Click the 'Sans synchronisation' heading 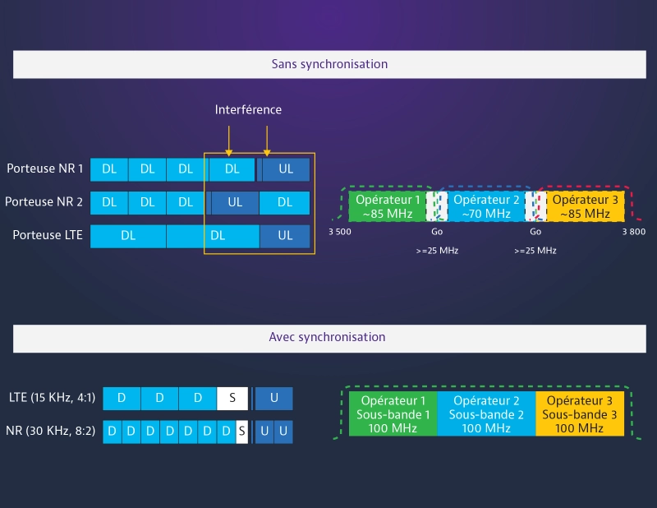(x=329, y=64)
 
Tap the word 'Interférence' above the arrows (x=248, y=109)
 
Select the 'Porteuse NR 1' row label (x=45, y=169)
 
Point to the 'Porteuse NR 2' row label (x=45, y=201)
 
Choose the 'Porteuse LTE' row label (x=48, y=235)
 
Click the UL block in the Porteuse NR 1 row (x=286, y=169)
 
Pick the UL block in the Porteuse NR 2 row (x=235, y=202)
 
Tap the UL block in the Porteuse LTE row (x=285, y=236)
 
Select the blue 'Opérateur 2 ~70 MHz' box (x=486, y=206)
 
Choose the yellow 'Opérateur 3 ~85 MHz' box (x=586, y=206)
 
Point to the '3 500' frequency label (x=340, y=233)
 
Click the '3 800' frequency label (x=633, y=233)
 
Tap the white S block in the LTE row (x=232, y=399)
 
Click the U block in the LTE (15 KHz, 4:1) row (x=273, y=399)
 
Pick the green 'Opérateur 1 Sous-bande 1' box (x=393, y=413)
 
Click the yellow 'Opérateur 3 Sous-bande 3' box (x=580, y=413)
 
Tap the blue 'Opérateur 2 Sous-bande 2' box (x=486, y=413)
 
